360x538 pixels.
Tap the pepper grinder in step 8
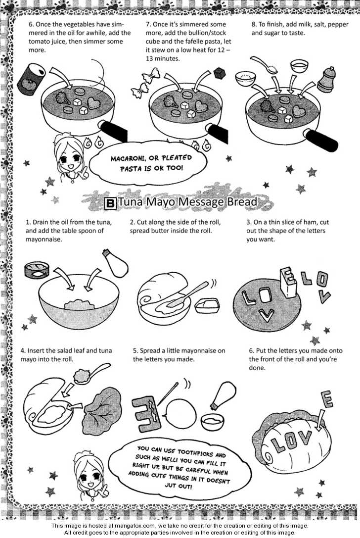[x=326, y=80]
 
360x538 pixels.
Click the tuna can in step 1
[x=37, y=270]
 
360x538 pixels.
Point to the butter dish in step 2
[x=207, y=305]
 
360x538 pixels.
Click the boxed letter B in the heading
[x=110, y=203]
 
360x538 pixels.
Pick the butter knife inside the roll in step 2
[x=187, y=294]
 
